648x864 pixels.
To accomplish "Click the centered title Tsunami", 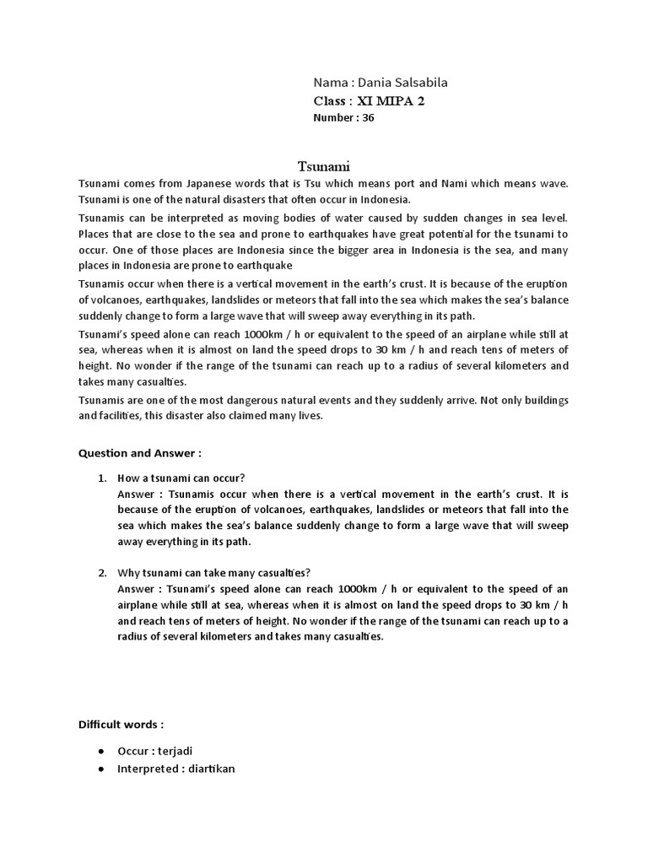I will (323, 167).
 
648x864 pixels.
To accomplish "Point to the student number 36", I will (368, 118).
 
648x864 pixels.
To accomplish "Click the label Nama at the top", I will (330, 82).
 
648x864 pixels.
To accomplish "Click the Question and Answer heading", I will (139, 452).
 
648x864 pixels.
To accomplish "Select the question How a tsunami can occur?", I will (181, 478).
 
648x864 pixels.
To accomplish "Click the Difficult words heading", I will (121, 724).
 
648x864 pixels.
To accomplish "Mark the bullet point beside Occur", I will (101, 750).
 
